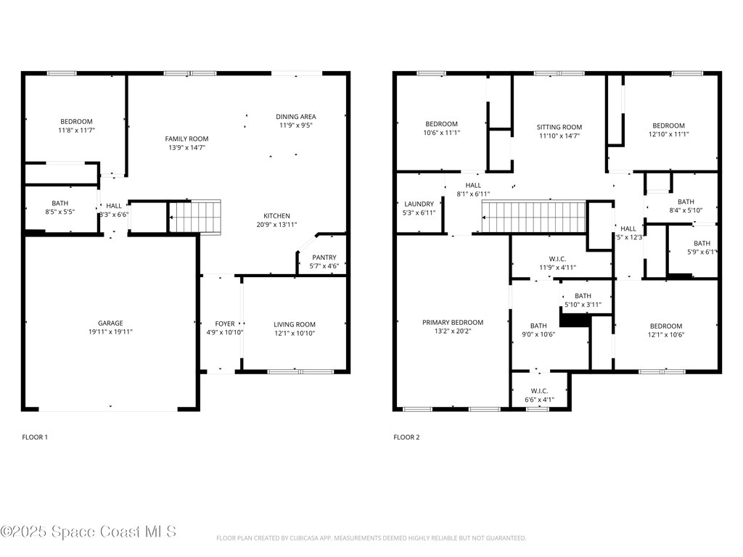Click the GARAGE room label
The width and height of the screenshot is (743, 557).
[110, 323]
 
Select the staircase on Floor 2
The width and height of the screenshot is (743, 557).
[533, 217]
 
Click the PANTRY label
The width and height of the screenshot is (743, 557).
[324, 257]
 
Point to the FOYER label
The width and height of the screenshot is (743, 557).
[225, 323]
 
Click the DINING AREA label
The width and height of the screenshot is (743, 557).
[296, 117]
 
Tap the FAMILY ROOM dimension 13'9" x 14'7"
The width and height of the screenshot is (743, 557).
[186, 148]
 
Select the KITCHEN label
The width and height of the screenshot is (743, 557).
[276, 215]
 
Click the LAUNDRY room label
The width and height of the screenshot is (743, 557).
[419, 204]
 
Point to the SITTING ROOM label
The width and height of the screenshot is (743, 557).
[559, 127]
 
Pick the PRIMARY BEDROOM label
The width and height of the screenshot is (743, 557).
[453, 322]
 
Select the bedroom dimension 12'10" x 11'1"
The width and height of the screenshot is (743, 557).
[668, 134]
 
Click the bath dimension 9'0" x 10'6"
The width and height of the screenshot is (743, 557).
[538, 335]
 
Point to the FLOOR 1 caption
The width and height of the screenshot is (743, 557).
[35, 437]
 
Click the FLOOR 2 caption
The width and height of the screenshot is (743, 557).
[406, 437]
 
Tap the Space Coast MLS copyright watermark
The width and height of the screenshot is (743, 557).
[89, 532]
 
